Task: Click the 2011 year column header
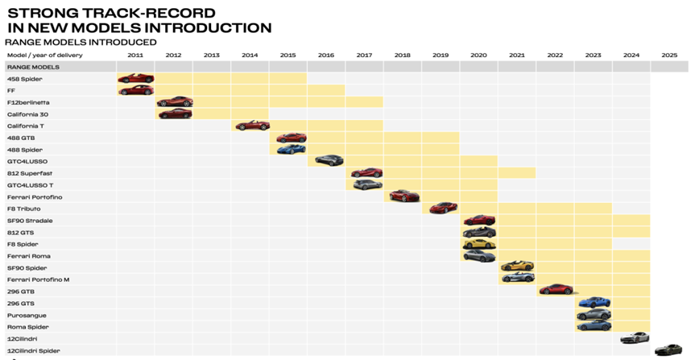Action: point(135,55)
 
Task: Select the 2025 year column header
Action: point(669,55)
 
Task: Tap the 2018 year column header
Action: point(402,55)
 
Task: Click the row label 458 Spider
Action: point(25,79)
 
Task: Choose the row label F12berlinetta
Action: point(28,102)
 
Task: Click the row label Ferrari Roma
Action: point(29,256)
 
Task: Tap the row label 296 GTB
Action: point(22,292)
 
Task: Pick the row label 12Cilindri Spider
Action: point(33,351)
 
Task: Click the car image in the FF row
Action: point(135,90)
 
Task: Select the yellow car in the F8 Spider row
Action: point(479,244)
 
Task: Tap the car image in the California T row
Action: point(251,126)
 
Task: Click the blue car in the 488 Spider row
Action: point(291,150)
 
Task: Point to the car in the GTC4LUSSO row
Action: point(329,161)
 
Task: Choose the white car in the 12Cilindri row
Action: point(635,338)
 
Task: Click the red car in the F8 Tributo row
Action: point(442,209)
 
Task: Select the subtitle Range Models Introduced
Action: point(81,42)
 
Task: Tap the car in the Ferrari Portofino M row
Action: point(517,279)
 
